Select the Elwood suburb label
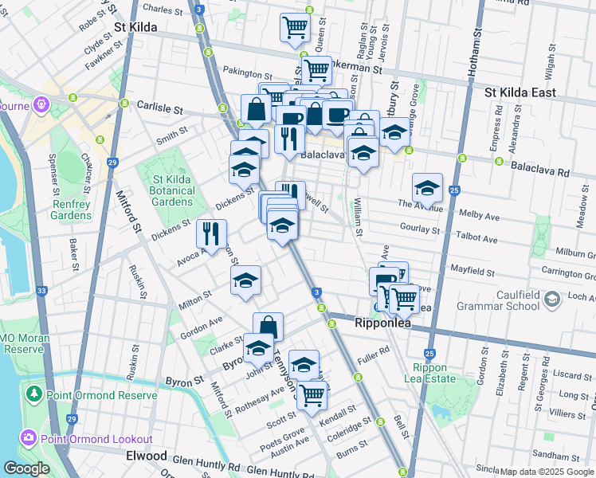pyautogui.click(x=147, y=456)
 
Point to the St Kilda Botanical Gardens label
pyautogui.click(x=173, y=190)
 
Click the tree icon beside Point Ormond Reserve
pyautogui.click(x=33, y=394)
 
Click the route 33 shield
pyautogui.click(x=41, y=292)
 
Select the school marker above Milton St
pyautogui.click(x=245, y=280)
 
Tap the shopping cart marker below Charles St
pyautogui.click(x=295, y=27)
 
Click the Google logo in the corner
pyautogui.click(x=27, y=468)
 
